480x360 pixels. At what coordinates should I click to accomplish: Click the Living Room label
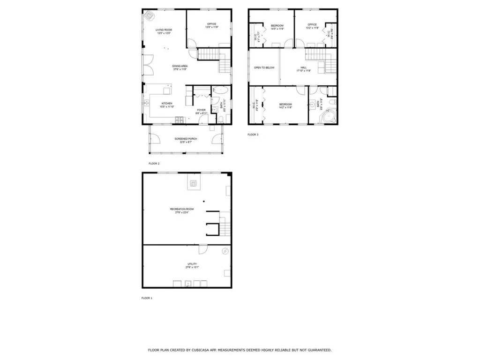pos(164,30)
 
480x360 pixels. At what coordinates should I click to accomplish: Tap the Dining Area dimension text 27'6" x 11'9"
pos(180,70)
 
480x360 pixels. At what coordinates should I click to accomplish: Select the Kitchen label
pos(167,103)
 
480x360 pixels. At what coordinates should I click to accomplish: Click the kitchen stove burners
pos(180,120)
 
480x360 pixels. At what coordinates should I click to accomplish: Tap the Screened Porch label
pos(186,139)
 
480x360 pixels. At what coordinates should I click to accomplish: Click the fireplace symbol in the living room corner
pos(150,15)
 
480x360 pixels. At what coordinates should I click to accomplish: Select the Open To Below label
pos(264,67)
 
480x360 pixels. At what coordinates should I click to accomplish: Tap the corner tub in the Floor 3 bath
pos(329,115)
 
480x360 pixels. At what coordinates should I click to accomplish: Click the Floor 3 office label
pos(312,25)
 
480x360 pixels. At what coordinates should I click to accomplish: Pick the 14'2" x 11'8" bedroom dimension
pos(285,108)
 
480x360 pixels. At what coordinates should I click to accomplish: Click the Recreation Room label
pos(181,209)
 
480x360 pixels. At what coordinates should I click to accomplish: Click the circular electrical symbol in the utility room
pos(225,251)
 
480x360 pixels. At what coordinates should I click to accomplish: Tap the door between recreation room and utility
pos(203,249)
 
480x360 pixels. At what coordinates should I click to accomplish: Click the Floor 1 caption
pos(147,298)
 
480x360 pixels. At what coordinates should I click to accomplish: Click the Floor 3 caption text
pos(253,135)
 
